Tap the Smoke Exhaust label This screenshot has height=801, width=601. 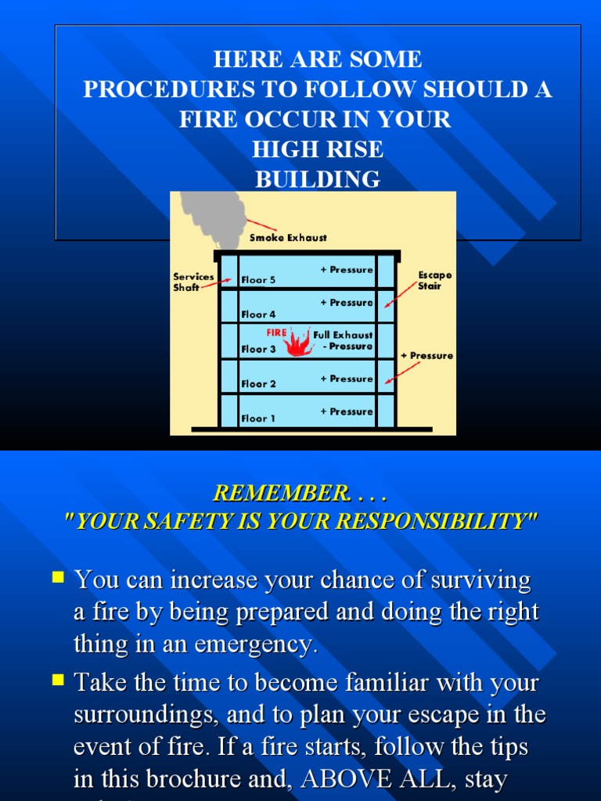tap(288, 238)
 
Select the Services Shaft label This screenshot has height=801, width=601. tap(193, 282)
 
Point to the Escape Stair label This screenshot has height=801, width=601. tap(435, 281)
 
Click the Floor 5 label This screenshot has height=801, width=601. tap(258, 280)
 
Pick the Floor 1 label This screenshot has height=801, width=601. tap(258, 418)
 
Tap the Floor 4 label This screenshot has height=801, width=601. tap(258, 314)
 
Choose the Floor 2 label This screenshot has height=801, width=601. tap(258, 384)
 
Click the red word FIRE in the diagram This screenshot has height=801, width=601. tap(276, 332)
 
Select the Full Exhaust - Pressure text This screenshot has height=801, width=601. tap(343, 340)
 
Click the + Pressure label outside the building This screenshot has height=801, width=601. tap(426, 356)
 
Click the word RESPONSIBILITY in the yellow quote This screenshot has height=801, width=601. tap(442, 523)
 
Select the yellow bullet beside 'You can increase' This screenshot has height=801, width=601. tap(57, 578)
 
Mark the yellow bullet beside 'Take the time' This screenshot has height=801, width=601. tap(57, 681)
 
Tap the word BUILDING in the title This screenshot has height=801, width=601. tap(318, 179)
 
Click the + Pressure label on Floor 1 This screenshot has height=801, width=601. tap(347, 411)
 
